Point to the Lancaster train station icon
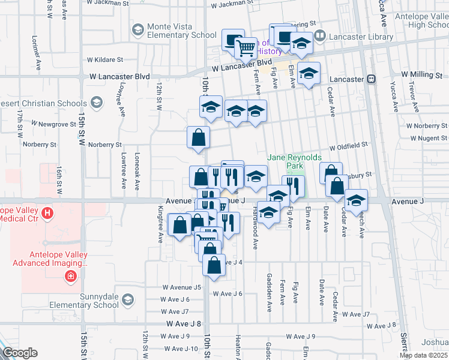point(372,79)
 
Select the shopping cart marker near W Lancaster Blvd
point(246,48)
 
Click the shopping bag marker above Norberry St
point(198,138)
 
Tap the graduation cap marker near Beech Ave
point(356,200)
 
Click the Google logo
point(20,353)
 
